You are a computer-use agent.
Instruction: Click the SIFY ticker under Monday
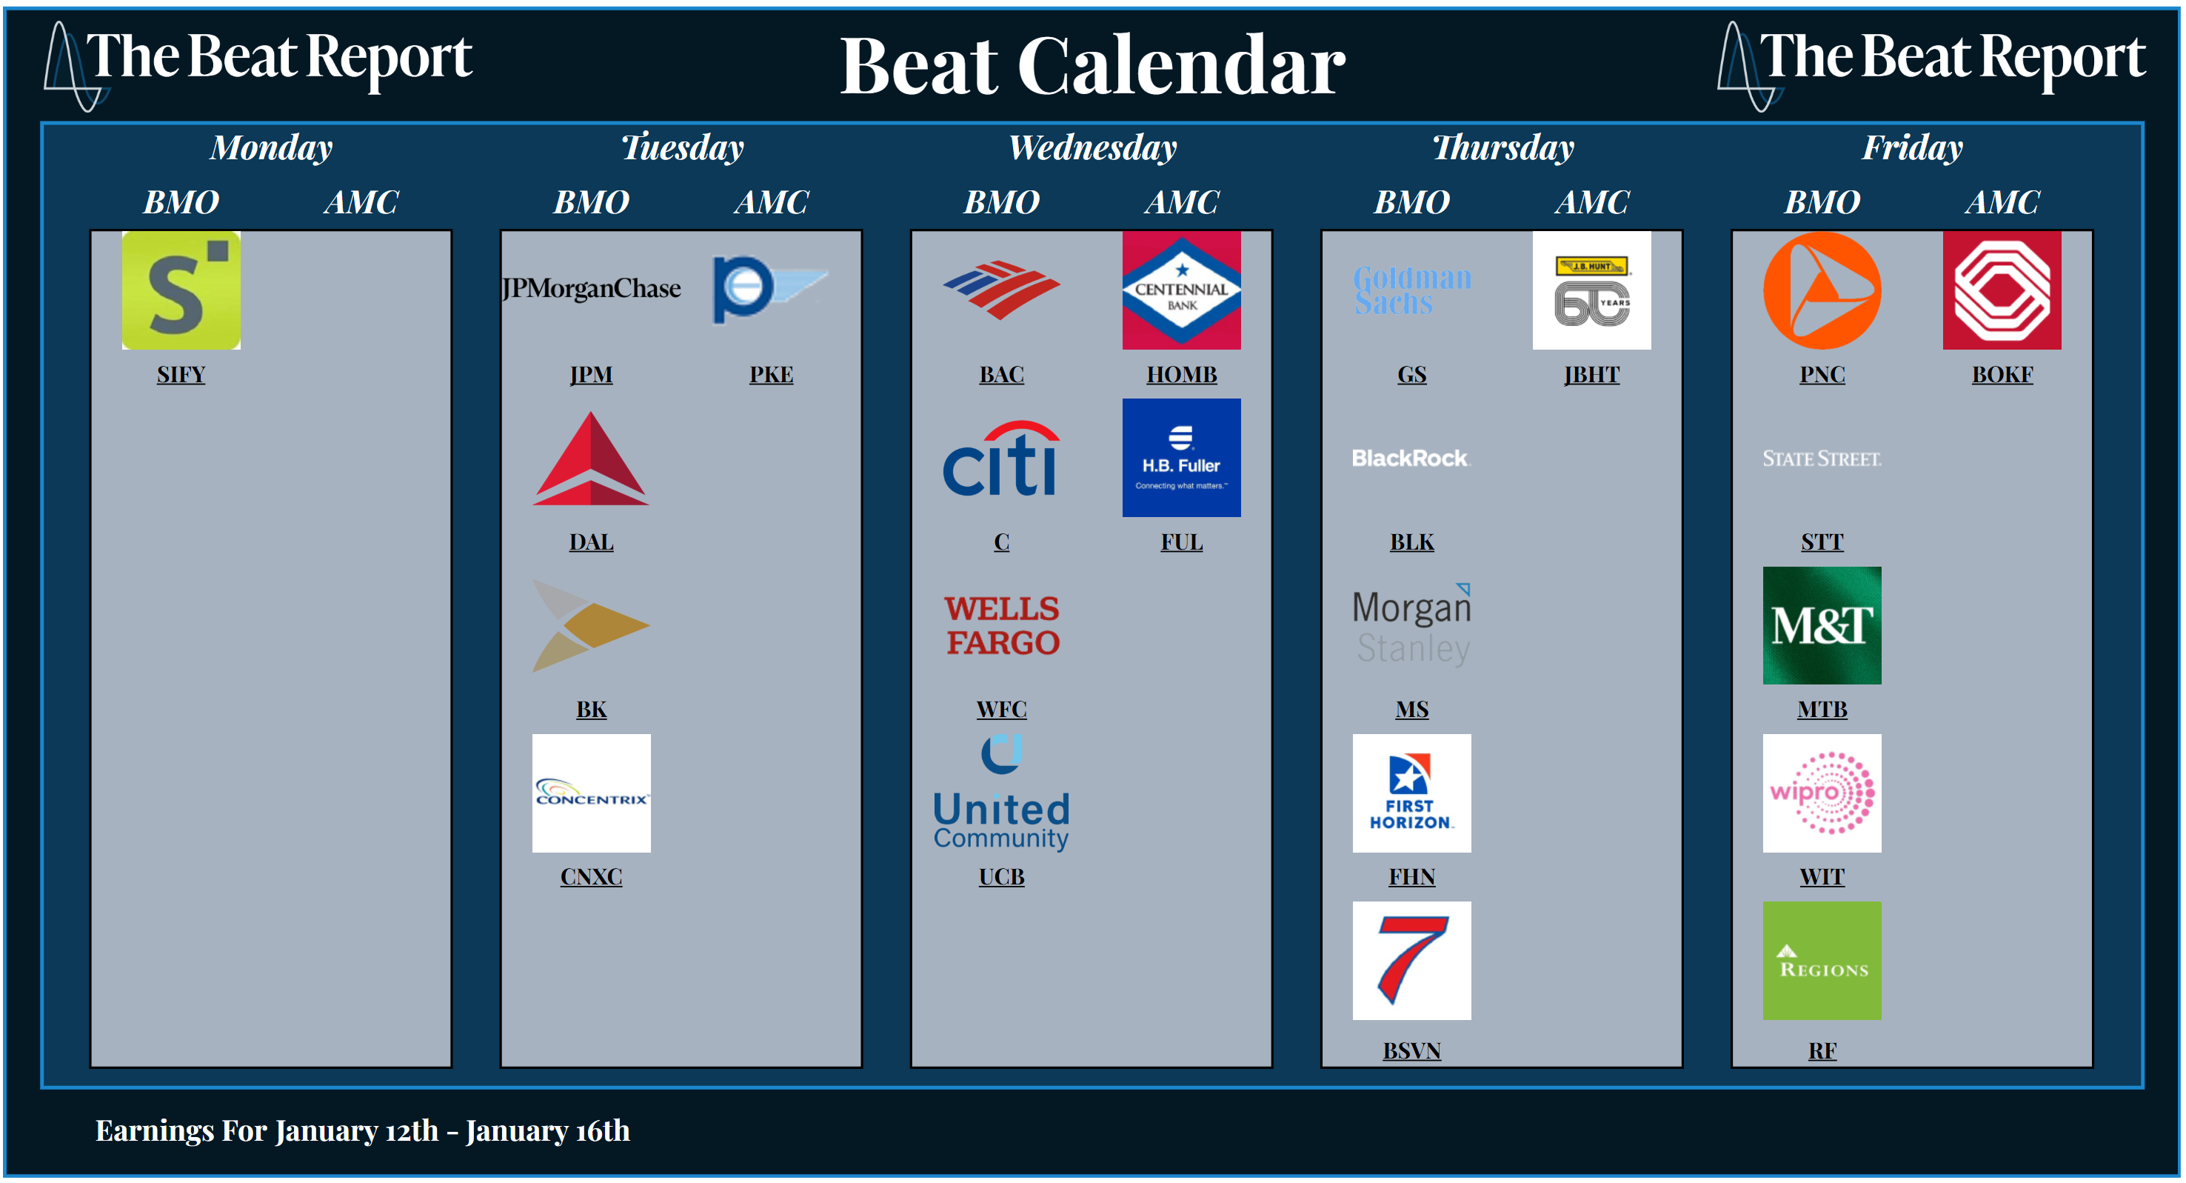[181, 374]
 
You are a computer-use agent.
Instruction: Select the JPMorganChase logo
[591, 289]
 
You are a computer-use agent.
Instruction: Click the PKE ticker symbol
[771, 374]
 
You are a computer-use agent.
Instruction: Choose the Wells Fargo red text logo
[1001, 625]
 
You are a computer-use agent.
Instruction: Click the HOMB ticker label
[1181, 374]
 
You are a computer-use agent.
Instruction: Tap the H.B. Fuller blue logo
[1181, 457]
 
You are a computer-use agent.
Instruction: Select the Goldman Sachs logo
[1411, 290]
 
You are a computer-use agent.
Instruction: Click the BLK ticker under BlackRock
[1411, 541]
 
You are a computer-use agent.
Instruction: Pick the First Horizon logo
[1411, 793]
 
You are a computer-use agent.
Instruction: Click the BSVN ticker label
[1411, 1050]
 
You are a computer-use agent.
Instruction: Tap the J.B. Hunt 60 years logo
[1592, 290]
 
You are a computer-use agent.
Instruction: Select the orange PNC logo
[1822, 290]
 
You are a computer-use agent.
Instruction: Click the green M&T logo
[1822, 625]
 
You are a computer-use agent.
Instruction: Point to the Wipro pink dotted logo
[1822, 793]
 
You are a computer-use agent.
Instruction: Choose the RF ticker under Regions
[1822, 1050]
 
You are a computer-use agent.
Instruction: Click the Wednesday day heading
[1092, 147]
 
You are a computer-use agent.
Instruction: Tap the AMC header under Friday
[2002, 202]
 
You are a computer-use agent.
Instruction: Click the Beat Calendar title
[1092, 66]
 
